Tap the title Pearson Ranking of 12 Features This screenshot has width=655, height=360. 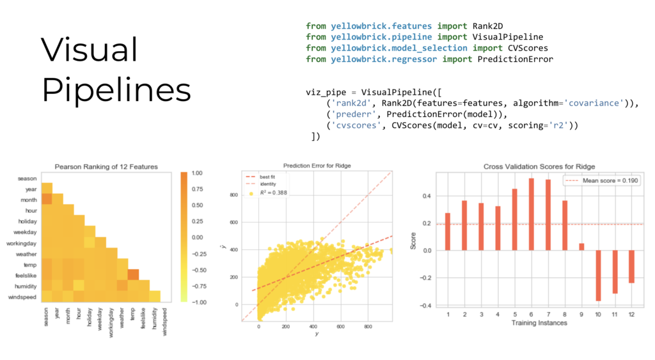click(x=106, y=167)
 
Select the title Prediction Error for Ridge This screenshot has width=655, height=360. click(x=317, y=165)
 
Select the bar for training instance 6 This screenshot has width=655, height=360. click(x=531, y=214)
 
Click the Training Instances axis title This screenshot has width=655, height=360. click(x=539, y=323)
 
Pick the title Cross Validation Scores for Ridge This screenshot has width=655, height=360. click(x=539, y=166)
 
